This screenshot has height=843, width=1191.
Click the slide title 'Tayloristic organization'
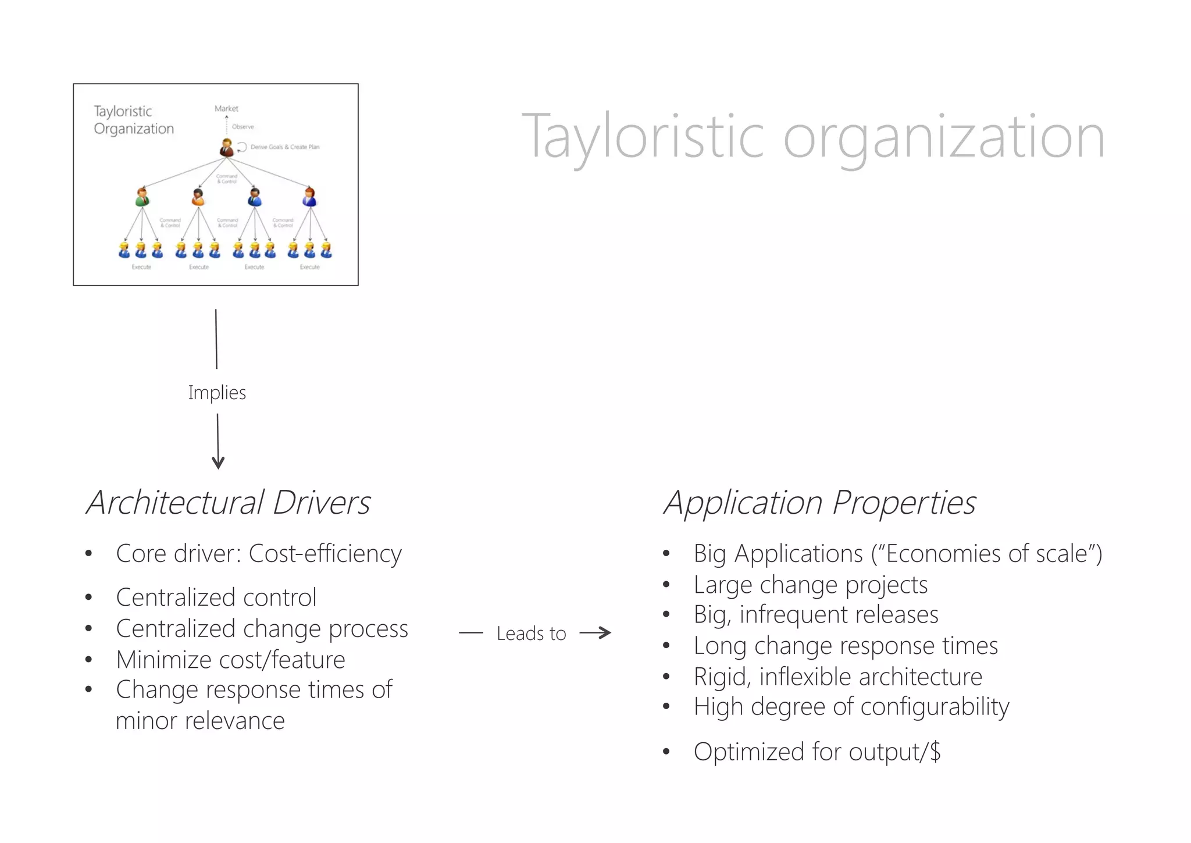(x=812, y=137)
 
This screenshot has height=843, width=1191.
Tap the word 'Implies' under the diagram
(x=217, y=393)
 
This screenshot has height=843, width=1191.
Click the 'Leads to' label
(x=531, y=634)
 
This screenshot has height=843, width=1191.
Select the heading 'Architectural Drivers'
(x=228, y=503)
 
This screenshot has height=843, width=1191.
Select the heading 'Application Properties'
(x=819, y=503)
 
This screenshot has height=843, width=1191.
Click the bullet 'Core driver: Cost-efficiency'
(x=259, y=553)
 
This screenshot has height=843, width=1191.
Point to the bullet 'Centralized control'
(x=216, y=597)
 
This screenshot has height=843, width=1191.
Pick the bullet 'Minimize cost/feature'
(x=230, y=660)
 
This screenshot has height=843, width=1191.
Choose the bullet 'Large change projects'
(x=810, y=585)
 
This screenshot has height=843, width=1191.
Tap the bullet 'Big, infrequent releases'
(x=815, y=615)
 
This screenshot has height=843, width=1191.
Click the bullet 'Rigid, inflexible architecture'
(x=837, y=677)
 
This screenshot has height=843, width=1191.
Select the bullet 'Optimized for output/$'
(x=816, y=752)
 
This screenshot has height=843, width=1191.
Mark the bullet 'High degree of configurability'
(x=851, y=707)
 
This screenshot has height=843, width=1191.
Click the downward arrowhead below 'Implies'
(x=218, y=463)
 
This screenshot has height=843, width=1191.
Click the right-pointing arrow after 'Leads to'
(x=596, y=633)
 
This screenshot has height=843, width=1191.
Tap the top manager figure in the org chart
(x=226, y=148)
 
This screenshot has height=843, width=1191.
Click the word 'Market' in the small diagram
(x=226, y=109)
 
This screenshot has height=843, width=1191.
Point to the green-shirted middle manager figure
(x=142, y=197)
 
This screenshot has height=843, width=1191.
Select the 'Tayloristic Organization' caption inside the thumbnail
(x=134, y=120)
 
